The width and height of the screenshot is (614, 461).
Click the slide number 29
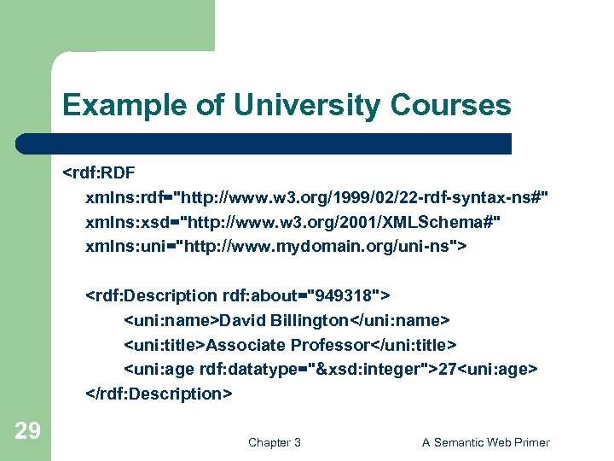pos(28,431)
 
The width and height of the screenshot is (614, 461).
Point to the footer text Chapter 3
pos(274,442)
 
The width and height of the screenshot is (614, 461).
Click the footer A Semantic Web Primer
pos(486,442)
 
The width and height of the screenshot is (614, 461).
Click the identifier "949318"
pos(345,295)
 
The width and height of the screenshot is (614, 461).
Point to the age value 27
pos(447,369)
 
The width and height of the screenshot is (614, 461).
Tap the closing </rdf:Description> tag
pos(159,394)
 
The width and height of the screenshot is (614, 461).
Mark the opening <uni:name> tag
pos(172,320)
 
